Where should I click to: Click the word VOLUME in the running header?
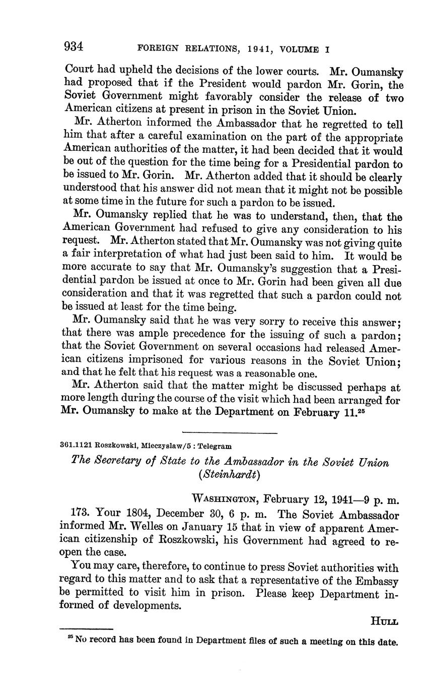click(300, 49)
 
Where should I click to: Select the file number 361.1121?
click(76, 446)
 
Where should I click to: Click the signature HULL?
click(385, 621)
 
